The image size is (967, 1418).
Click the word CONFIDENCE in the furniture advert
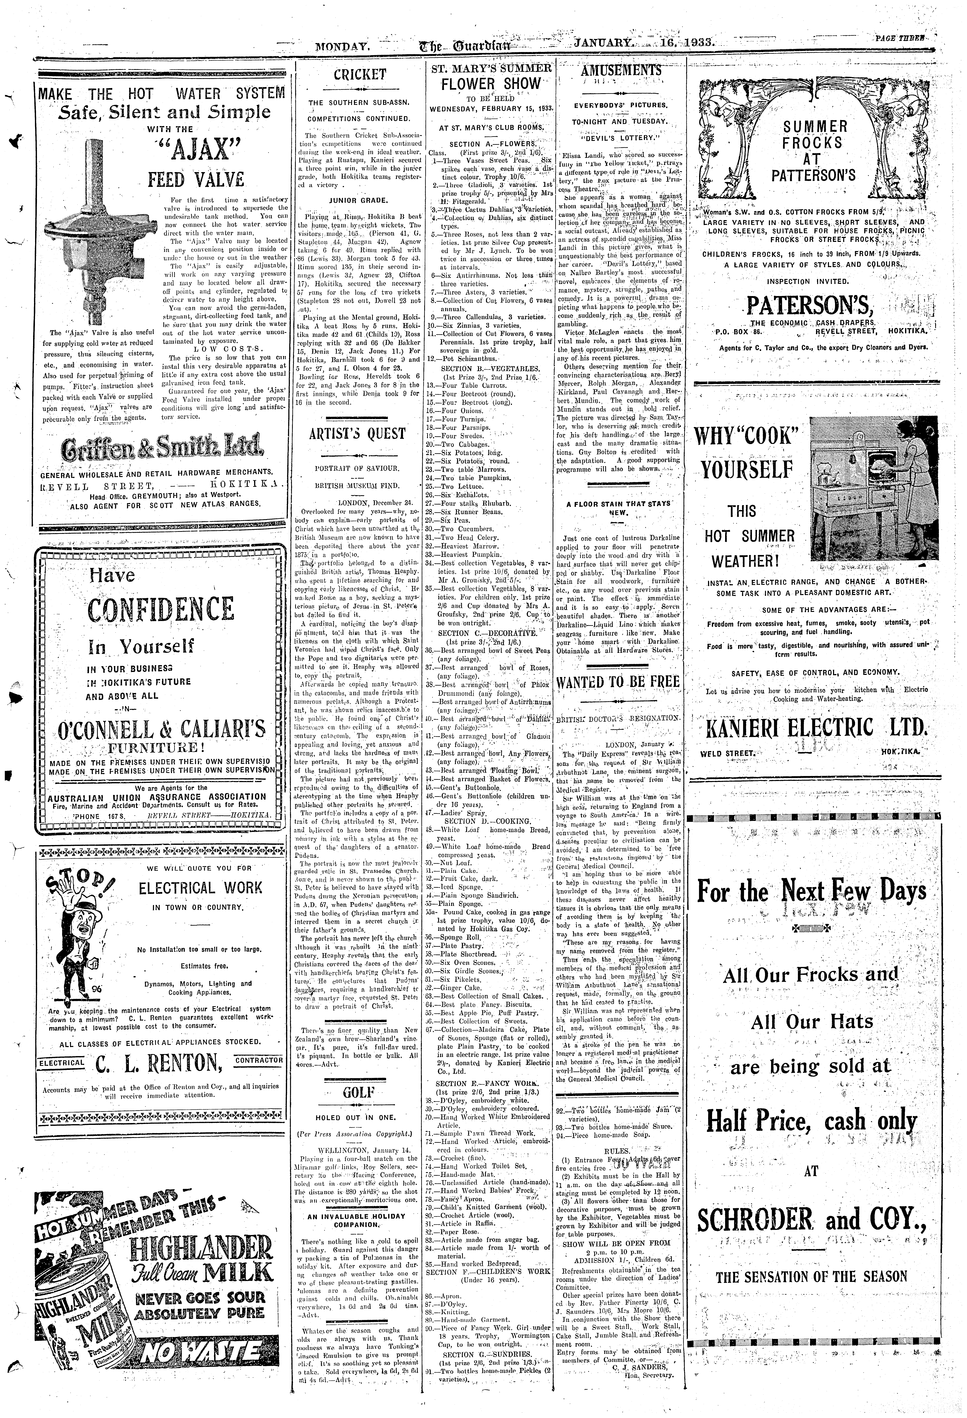[x=160, y=610]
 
